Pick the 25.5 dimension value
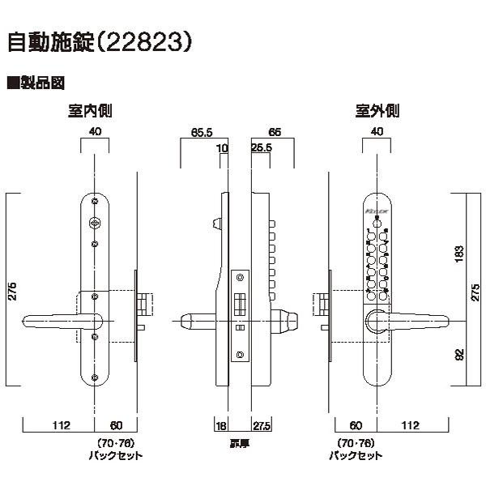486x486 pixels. coord(261,149)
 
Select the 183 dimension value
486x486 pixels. coord(460,252)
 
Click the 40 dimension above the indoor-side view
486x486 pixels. coord(96,130)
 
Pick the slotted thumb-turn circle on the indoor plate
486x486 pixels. coord(96,222)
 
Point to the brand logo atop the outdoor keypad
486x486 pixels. coord(378,211)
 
